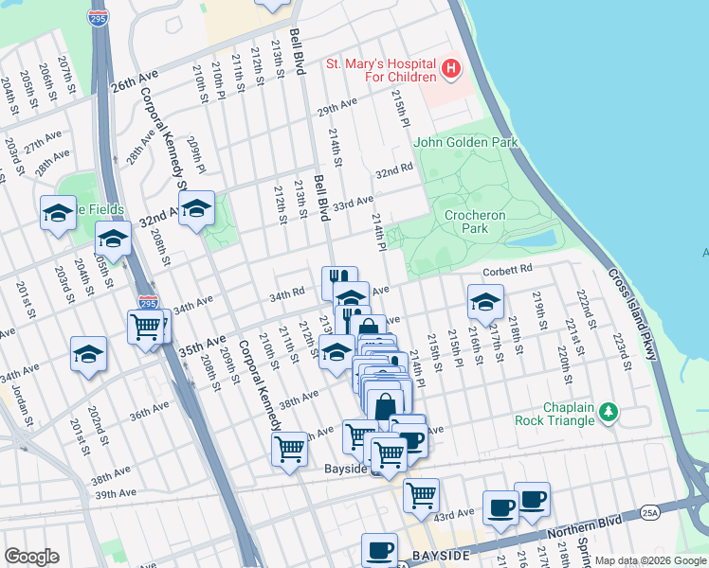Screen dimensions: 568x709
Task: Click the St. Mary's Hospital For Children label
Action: [x=379, y=71]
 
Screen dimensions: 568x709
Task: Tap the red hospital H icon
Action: [x=451, y=69]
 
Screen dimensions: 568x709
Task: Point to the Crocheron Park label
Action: [x=466, y=222]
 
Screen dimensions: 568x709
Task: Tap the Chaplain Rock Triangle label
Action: [x=554, y=414]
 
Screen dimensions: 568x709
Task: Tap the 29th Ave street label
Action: [x=337, y=106]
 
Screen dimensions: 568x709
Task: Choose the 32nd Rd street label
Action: [x=394, y=171]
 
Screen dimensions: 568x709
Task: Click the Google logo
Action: [x=31, y=557]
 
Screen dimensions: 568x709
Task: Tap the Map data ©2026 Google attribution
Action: [x=649, y=560]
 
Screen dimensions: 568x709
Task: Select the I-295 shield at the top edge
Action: [x=97, y=18]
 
